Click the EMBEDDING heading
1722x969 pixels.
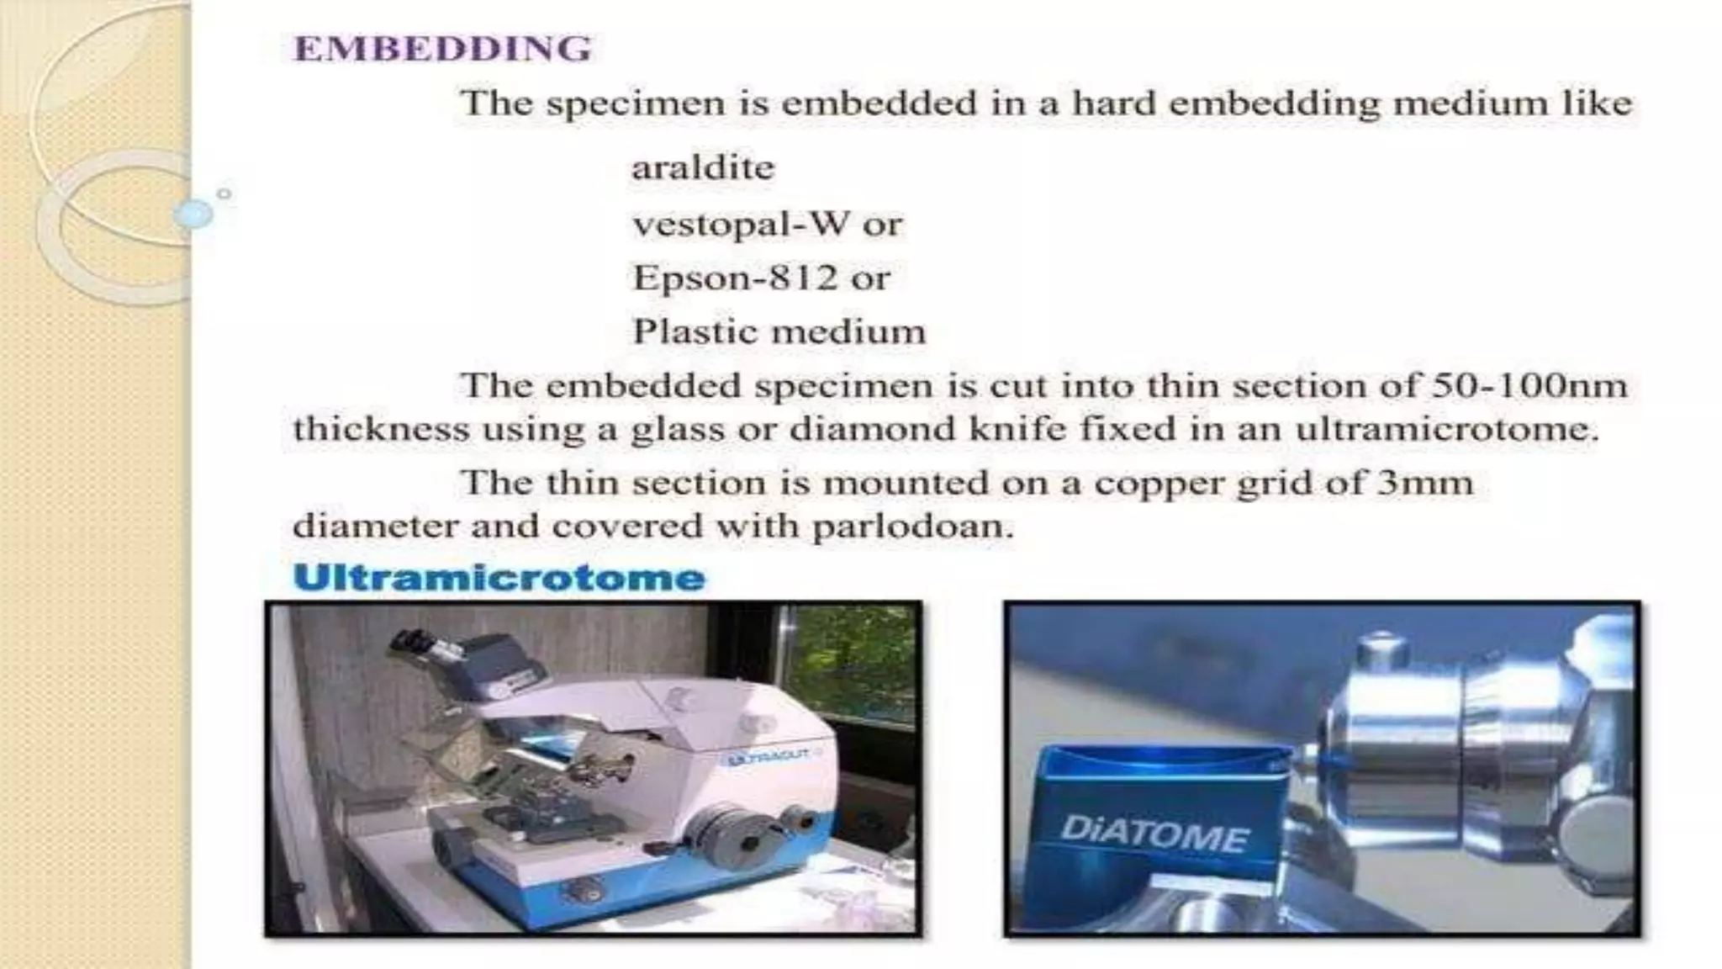coord(443,49)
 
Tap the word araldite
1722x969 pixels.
coord(703,168)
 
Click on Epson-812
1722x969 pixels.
coord(736,278)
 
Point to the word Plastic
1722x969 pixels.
coord(688,331)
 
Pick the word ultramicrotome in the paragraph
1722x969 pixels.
coord(1446,430)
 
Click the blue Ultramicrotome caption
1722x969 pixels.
coord(499,578)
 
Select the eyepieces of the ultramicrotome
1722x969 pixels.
coord(419,645)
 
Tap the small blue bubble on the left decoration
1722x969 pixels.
coord(194,214)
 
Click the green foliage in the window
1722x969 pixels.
coord(849,656)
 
